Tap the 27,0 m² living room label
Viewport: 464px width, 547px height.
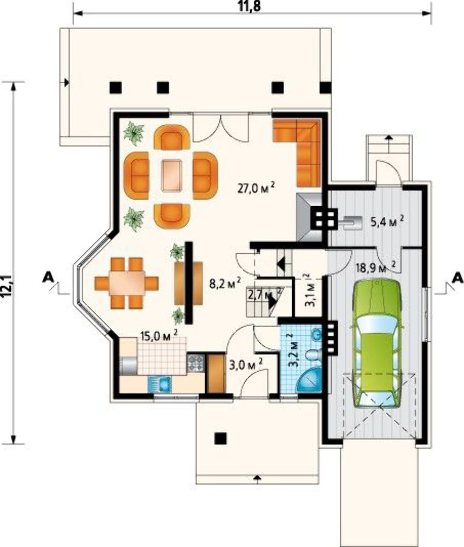tap(256, 189)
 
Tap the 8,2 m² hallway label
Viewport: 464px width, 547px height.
tap(225, 283)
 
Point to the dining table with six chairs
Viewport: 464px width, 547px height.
tap(126, 283)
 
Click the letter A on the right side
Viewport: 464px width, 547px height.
tap(458, 278)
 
